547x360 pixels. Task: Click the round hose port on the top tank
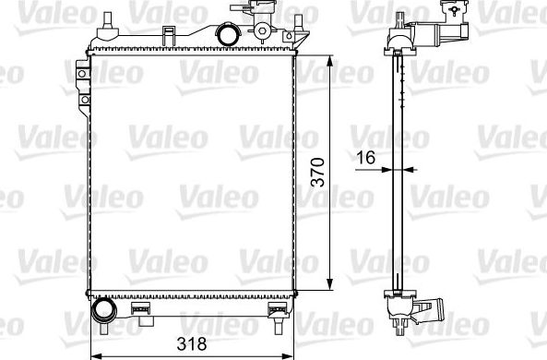click(226, 34)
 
